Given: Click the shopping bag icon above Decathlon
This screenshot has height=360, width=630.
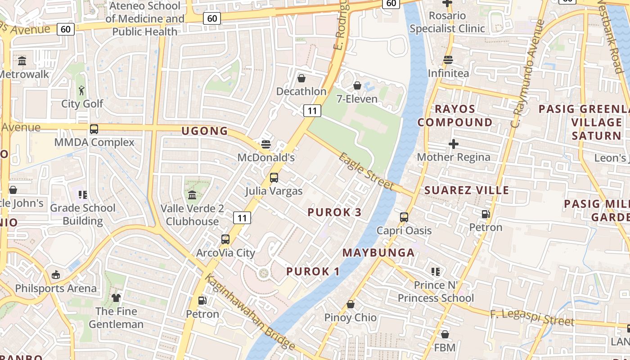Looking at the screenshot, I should coord(301,78).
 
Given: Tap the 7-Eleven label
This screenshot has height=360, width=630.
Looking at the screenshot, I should coord(357,99).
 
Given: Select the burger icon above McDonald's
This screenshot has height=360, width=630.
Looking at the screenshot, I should coord(266,144).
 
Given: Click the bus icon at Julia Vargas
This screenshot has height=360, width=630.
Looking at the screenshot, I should coord(274,178).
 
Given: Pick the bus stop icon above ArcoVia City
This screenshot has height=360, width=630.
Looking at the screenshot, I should coord(225,239).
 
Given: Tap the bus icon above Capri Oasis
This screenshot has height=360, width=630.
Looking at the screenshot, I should coord(404,217).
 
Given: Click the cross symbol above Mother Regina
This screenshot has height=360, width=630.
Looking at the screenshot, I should coord(454,144).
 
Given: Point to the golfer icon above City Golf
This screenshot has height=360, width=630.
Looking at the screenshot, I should coord(81,90).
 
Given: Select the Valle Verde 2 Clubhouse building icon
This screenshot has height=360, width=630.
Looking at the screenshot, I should coord(193,195).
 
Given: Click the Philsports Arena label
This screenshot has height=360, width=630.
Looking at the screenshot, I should coord(56,288).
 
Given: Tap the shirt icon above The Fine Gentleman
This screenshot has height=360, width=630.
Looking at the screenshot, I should coord(116,297).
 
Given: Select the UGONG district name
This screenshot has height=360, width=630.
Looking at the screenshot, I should coord(205,131).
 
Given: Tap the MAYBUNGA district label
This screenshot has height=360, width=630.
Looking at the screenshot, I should coord(378,252).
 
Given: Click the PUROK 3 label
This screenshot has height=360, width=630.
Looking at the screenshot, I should coord(334,212).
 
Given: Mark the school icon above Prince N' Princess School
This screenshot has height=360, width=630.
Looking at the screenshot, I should coord(436,271).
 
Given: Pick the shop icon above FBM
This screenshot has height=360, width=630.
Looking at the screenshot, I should coord(445,334).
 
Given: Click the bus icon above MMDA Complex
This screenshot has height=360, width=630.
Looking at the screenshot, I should coord(94,129).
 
